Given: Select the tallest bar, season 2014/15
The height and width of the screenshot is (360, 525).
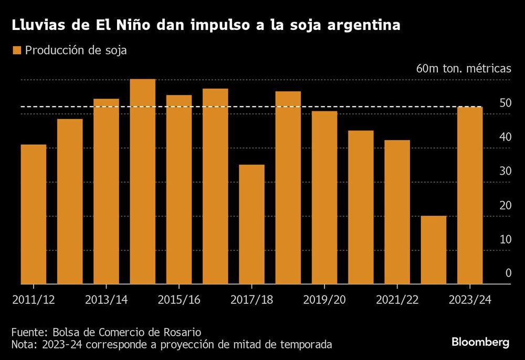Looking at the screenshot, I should point(143,182).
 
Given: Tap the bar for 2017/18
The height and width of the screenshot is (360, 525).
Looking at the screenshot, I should point(252,225).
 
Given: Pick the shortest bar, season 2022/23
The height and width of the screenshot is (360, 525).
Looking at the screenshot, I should point(434,250).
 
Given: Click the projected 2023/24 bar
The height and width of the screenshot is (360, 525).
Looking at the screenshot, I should point(470,195).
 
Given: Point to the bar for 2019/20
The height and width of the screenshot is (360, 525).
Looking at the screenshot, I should point(324,197).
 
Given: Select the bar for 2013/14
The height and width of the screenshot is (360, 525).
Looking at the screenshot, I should point(106,192).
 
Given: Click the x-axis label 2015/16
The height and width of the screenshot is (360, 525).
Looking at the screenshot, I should point(179,300).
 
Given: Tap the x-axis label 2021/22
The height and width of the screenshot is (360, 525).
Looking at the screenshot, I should point(397,300).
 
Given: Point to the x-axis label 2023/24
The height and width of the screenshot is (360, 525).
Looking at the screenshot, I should point(470,300).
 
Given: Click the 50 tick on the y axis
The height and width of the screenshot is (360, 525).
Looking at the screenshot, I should point(505,103).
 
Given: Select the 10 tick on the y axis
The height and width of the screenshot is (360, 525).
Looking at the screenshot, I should point(505,239).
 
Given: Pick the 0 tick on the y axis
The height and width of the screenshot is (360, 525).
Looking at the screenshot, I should point(508,273).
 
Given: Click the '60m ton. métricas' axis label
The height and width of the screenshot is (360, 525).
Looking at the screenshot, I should point(463,69).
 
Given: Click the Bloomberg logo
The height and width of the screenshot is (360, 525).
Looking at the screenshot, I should point(480,342).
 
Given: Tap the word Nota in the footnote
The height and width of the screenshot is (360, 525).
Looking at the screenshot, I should point(23,345).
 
